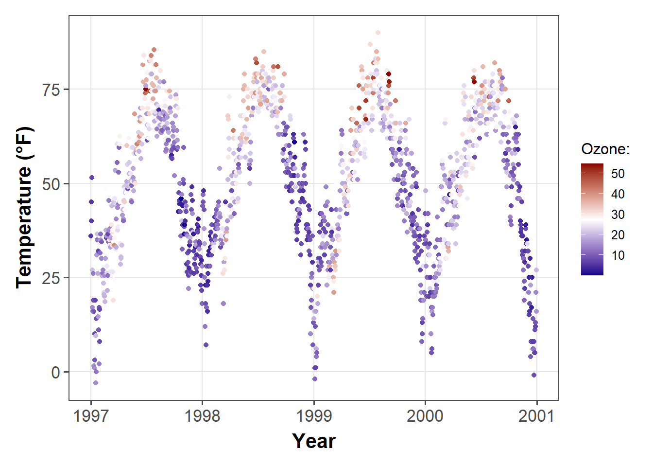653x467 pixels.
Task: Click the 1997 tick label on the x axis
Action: (x=90, y=416)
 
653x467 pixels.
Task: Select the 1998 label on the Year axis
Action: (x=202, y=416)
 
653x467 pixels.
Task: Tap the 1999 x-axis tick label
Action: (x=314, y=416)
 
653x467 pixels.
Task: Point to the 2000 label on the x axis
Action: (x=425, y=416)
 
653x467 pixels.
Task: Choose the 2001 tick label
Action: (x=536, y=416)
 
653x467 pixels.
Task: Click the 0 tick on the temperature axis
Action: (x=56, y=373)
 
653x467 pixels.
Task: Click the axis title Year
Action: (x=314, y=441)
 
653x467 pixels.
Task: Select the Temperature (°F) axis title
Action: (x=24, y=208)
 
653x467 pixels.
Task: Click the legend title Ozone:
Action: (x=605, y=149)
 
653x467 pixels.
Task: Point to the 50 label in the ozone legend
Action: (x=618, y=174)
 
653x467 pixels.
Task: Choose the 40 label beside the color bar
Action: (x=618, y=194)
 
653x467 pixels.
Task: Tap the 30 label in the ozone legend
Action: (x=618, y=215)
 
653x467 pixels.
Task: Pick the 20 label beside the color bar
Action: (x=618, y=235)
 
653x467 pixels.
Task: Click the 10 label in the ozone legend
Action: (x=618, y=255)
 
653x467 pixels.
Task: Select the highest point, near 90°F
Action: (x=378, y=33)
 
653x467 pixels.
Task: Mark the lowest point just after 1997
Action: (x=96, y=383)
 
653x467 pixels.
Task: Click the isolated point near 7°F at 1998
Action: (x=206, y=345)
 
